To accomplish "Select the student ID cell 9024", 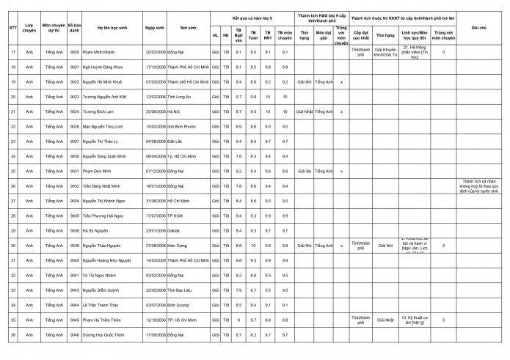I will (x=75, y=111).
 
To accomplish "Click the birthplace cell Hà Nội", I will (x=173, y=111).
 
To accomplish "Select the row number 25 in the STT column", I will (x=13, y=171).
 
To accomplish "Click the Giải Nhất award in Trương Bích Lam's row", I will (x=305, y=111).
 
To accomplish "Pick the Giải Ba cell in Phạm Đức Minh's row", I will (x=305, y=171).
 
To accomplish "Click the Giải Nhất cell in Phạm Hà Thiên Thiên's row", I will (x=385, y=320).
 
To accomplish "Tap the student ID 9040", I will (x=75, y=260).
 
